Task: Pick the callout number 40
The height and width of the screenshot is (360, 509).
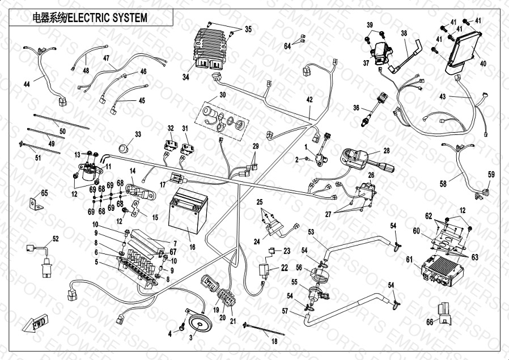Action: pos(483,63)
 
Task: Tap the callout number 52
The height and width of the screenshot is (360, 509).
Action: pos(55,239)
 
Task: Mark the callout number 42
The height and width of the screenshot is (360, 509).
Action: pos(309,100)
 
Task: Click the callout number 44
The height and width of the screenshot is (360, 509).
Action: pos(27,84)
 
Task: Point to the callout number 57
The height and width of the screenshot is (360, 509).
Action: pos(285,311)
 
